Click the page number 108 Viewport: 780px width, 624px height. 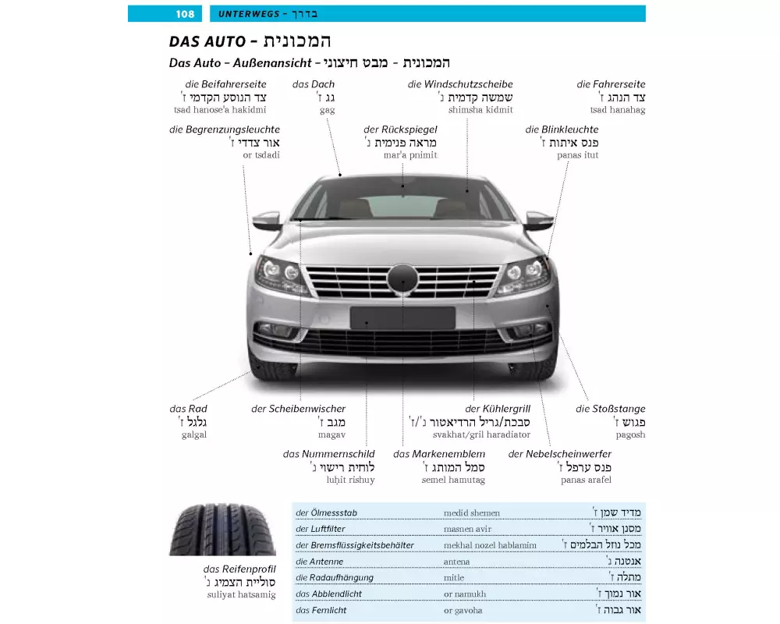[185, 14]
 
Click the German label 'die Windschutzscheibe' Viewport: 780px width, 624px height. [459, 84]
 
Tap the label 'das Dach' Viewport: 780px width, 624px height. [313, 84]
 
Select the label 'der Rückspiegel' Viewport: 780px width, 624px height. [400, 129]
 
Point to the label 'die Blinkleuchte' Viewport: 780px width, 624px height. [562, 129]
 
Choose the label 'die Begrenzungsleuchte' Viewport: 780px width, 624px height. [224, 129]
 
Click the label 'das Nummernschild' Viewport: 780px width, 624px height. [328, 454]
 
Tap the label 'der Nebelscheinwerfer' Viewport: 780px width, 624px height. [559, 454]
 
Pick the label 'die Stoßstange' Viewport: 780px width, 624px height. [610, 409]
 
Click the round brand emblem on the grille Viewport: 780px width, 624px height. [402, 278]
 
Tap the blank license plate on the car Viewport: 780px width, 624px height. [402, 317]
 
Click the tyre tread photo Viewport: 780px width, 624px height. [211, 530]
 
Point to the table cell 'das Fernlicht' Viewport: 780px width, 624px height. [321, 611]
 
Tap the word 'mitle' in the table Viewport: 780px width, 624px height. [453, 578]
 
